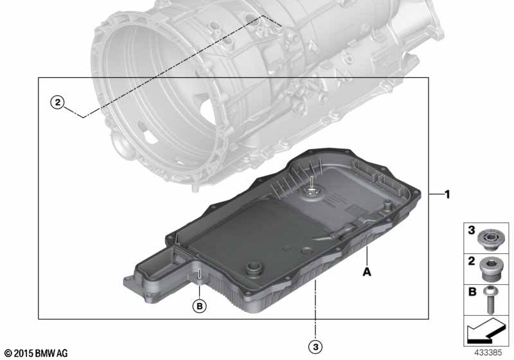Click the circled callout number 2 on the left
click(x=58, y=103)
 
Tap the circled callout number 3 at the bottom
click(x=315, y=346)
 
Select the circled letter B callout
click(x=199, y=307)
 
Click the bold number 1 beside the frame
click(x=447, y=194)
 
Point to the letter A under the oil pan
click(x=367, y=271)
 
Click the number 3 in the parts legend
click(x=472, y=230)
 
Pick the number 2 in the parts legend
click(x=472, y=261)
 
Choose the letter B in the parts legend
click(x=472, y=292)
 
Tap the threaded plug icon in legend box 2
click(x=491, y=269)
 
